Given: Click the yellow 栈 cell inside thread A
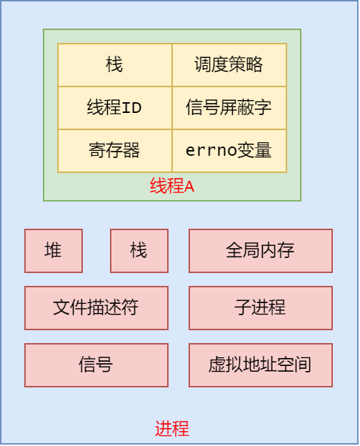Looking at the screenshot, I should (114, 65).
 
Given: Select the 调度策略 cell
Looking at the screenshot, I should (229, 65).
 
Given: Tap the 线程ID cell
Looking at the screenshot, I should (114, 108).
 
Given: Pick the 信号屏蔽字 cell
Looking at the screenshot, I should (229, 108).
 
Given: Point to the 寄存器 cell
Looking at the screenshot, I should (114, 151).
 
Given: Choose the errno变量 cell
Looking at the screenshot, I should (229, 151).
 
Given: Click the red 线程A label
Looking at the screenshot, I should (172, 187).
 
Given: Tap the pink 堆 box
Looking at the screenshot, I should (54, 251).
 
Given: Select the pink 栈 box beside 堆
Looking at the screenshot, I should (139, 251).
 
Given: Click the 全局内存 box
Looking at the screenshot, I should (261, 251).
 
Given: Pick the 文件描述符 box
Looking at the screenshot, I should (96, 308).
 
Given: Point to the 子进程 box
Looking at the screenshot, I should (261, 308).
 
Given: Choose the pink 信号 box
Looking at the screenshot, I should (96, 365).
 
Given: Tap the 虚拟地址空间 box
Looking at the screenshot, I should (261, 365).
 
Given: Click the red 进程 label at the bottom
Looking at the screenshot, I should (172, 429).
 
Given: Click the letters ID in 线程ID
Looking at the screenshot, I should (132, 109).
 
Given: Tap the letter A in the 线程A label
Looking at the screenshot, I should (189, 187).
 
